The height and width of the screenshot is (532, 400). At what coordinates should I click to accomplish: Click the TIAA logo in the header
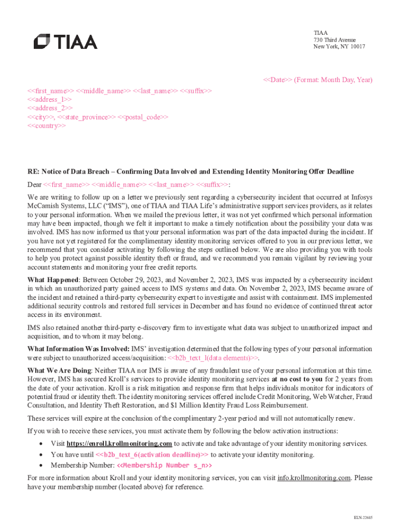coord(65,42)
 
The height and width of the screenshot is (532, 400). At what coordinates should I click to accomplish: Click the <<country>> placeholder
coord(46,126)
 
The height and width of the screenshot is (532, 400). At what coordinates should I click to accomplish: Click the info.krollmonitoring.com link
coord(314,477)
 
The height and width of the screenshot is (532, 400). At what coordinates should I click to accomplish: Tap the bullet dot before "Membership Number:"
coord(41,465)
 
